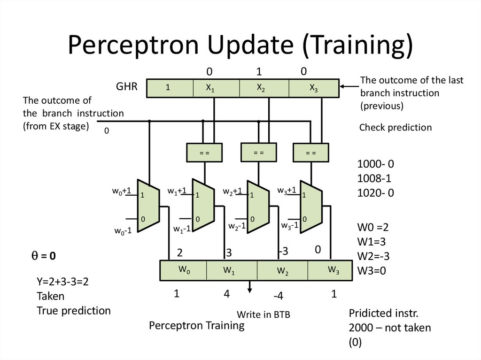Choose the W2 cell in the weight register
pos(282,271)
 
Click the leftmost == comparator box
pos(204,153)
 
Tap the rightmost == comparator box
pos(311,153)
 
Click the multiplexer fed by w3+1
pos(310,206)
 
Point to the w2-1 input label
pos(237,226)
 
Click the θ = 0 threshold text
pos(44,256)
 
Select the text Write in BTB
pos(263,315)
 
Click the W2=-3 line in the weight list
pos(373,256)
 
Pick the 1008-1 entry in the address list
pos(374,178)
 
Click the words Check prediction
pos(395,127)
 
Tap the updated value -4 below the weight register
pos(279,296)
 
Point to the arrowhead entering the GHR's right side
pos(343,86)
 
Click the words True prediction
pos(74,310)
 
